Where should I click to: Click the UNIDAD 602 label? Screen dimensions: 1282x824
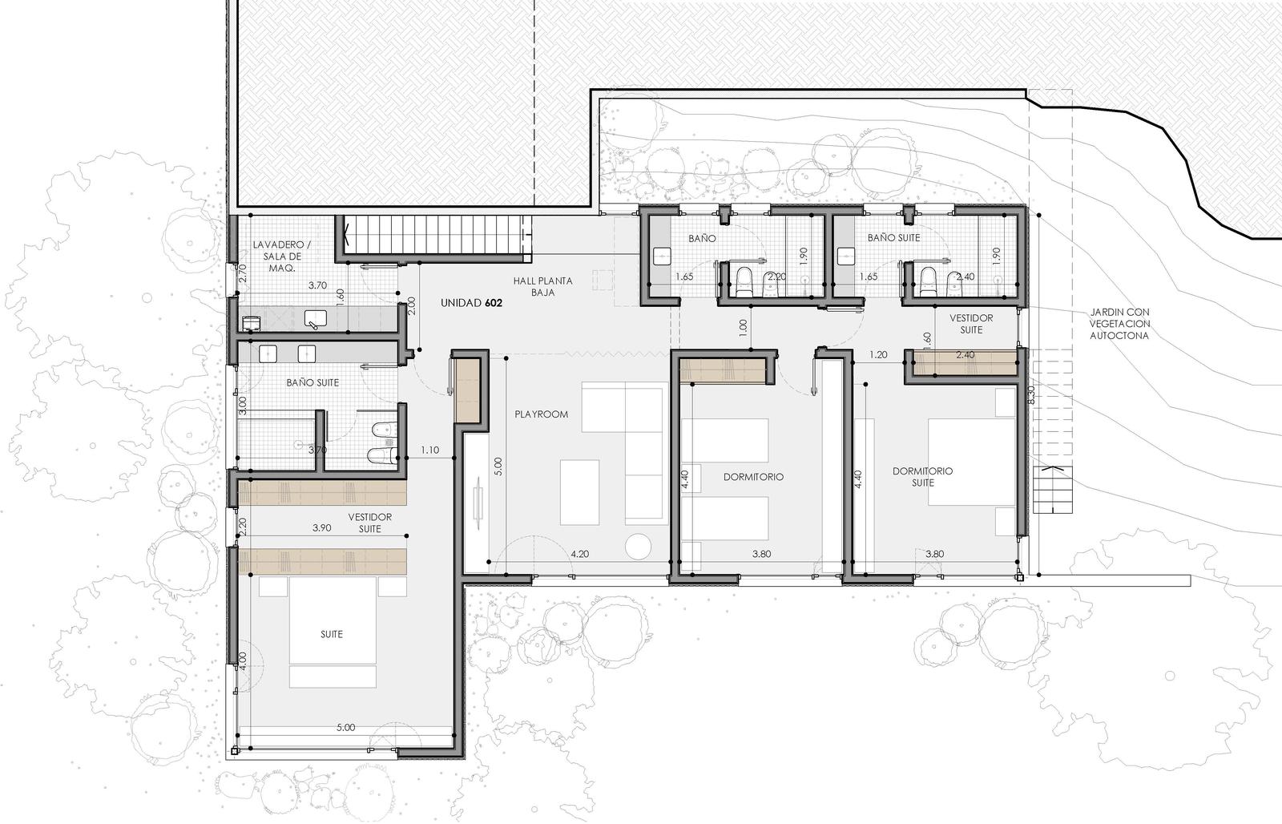tap(471, 303)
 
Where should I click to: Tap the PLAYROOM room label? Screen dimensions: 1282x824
tap(541, 414)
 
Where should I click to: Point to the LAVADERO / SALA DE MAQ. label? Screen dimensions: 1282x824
tap(282, 256)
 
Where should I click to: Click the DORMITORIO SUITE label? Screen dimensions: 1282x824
tap(922, 476)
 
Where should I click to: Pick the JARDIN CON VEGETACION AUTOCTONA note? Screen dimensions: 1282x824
tap(1119, 324)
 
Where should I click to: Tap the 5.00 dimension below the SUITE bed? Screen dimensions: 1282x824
tap(345, 727)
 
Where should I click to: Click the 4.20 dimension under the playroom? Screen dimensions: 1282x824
tap(580, 554)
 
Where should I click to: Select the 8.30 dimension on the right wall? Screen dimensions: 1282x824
tap(1031, 395)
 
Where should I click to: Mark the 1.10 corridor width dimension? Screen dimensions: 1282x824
tap(429, 450)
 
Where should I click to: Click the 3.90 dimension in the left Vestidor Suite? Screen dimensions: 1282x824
tap(321, 528)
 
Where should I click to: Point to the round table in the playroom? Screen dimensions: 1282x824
tap(638, 546)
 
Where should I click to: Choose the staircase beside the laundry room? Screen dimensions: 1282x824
tap(437, 236)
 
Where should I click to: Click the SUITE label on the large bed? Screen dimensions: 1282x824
tap(332, 634)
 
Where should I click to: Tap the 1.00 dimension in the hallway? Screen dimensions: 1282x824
tap(743, 327)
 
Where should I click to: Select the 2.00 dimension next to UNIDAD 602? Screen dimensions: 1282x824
tap(411, 306)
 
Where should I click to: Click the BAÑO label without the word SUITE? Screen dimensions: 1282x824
tap(702, 238)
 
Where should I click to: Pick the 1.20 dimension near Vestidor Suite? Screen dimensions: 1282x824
tap(878, 354)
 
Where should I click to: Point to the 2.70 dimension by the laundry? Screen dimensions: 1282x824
tap(242, 273)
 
